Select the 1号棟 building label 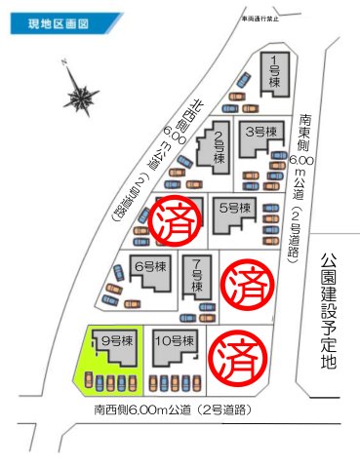(x=275, y=71)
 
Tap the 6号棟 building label (x=146, y=266)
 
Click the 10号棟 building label (x=173, y=341)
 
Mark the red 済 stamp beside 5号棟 (x=177, y=217)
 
